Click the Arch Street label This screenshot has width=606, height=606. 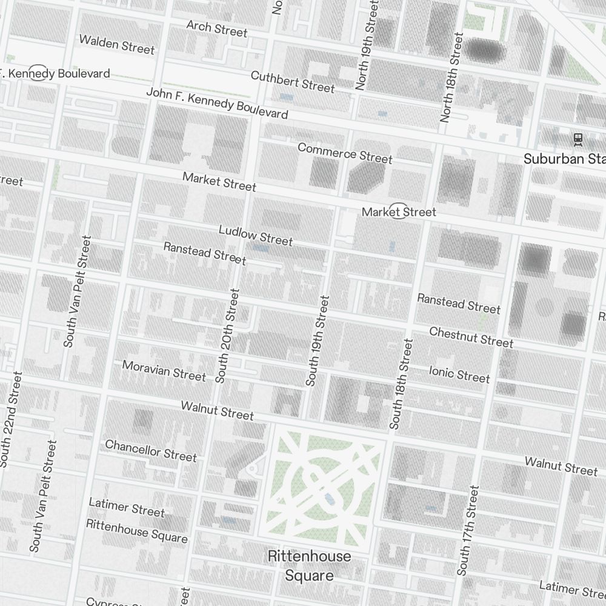coord(217,28)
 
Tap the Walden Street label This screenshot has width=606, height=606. coord(117,44)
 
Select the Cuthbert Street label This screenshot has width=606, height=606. coord(293,82)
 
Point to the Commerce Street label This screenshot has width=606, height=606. coord(345,153)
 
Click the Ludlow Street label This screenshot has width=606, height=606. coord(256,236)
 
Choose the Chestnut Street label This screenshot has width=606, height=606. coord(471,337)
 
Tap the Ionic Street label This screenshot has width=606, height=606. coord(459,374)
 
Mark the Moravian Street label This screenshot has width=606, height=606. coord(164,370)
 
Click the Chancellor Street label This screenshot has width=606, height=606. coord(151,450)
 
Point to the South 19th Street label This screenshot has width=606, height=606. coord(318,341)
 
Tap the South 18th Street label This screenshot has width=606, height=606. coord(402,384)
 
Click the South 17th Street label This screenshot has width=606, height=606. coord(468,530)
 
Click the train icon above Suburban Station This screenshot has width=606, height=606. coord(578,139)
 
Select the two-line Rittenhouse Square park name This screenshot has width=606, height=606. coord(309,565)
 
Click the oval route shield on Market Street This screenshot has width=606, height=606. coord(398,211)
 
